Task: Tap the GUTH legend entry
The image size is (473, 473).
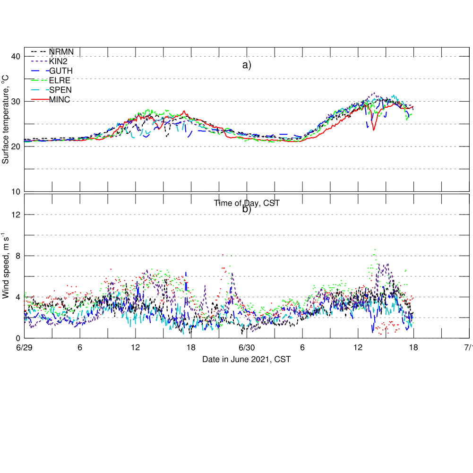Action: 61,70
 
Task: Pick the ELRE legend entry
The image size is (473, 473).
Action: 60,80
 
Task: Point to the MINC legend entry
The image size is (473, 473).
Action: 60,99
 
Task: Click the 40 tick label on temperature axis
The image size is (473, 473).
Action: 15,57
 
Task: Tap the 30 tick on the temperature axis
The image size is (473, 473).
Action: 15,102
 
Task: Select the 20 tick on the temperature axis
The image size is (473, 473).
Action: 15,146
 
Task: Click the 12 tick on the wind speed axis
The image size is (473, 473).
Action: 15,215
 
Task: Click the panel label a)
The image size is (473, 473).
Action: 247,65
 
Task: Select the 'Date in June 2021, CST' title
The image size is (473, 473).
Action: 247,360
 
